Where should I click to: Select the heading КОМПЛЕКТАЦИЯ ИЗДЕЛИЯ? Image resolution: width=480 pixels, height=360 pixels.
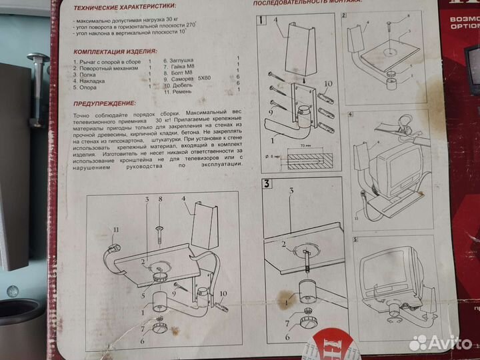click(116, 51)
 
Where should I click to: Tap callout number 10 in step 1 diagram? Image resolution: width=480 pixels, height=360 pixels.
click(327, 83)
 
